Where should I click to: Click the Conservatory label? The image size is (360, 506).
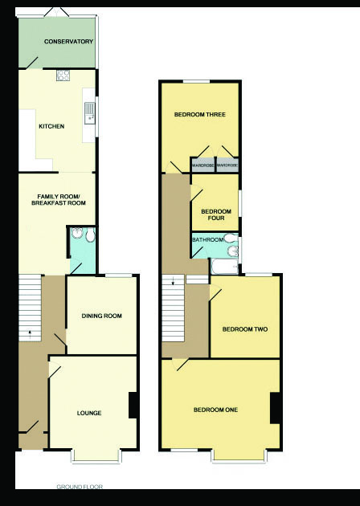coord(68,42)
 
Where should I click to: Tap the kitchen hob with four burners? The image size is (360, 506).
coord(63,75)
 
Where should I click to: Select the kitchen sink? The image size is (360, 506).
coord(90,113)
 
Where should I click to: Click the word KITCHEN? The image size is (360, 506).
coord(51,126)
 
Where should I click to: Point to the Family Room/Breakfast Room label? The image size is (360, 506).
coord(59,200)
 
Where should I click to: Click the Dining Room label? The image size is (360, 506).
coord(102,316)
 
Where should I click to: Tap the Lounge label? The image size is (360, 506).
coord(89,413)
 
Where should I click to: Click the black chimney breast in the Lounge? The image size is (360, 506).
coord(133,406)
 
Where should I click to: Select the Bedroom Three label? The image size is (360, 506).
coord(200,115)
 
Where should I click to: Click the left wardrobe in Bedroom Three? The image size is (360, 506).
coord(202,165)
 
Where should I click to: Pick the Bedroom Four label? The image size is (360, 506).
coord(216,215)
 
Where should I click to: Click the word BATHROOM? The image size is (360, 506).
coord(207,240)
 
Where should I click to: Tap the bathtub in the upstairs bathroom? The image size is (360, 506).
coord(225,267)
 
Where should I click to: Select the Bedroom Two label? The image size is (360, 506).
coord(245,329)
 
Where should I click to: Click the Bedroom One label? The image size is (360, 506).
coord(215,410)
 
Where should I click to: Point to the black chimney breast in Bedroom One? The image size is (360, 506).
coord(275,408)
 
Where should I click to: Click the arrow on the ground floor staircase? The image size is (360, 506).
coord(30,333)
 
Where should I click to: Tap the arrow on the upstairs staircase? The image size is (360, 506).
coord(174,281)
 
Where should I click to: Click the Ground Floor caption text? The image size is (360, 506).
coord(80,487)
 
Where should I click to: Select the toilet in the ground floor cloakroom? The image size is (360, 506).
coord(90,235)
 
